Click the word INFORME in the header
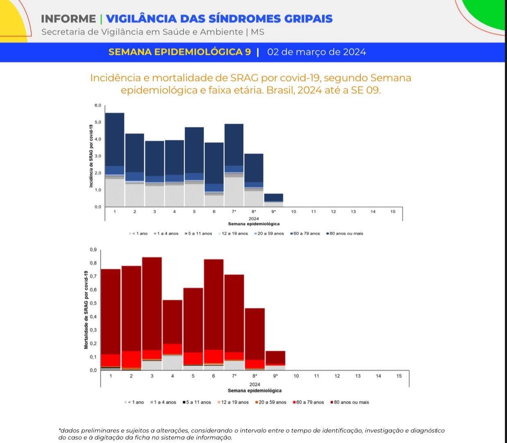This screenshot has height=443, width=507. point(68,19)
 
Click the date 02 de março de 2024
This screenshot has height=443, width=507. point(316,52)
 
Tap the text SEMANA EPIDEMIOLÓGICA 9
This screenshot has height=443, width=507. point(179,52)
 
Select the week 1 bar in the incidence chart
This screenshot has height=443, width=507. point(115,160)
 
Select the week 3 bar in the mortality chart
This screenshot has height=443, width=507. point(152,314)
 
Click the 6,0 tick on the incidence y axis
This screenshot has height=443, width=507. point(98,105)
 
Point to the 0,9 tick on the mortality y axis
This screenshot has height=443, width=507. point(93,250)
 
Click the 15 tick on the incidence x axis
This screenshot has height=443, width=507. point(393,212)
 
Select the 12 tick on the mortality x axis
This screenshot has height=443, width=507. point(337,376)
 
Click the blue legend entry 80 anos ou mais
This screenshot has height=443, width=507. point(345,233)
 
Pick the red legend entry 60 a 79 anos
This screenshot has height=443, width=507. point(308,402)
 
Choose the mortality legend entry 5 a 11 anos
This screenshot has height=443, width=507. point(197,402)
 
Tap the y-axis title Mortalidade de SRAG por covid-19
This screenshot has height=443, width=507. point(86,310)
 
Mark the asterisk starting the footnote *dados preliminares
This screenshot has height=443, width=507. point(60,430)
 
